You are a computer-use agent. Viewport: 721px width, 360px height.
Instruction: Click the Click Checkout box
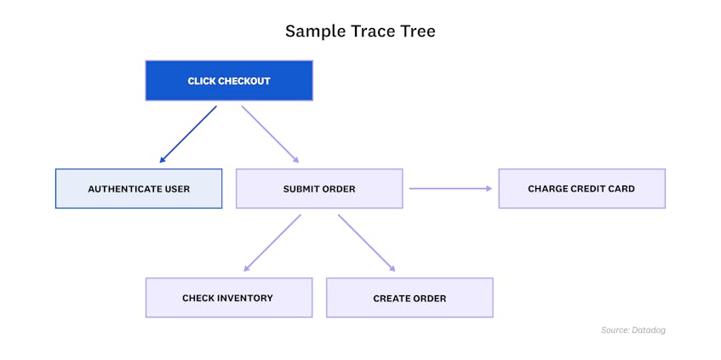(x=228, y=81)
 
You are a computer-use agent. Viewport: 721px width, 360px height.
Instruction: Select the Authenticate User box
(x=139, y=188)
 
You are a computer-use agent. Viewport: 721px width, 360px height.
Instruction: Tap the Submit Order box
(x=319, y=188)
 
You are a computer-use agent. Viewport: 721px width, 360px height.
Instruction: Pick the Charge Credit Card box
(x=581, y=188)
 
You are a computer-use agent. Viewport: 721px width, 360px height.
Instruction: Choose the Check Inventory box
(x=228, y=298)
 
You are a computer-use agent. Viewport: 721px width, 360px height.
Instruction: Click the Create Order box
(x=409, y=298)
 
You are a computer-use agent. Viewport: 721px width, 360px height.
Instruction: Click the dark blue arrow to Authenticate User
(x=188, y=134)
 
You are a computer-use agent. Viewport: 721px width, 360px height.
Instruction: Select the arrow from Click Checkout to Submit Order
(x=270, y=134)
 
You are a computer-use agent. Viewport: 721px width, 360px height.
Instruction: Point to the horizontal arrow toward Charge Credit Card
(x=450, y=188)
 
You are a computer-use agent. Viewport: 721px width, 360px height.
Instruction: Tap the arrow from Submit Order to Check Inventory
(x=272, y=243)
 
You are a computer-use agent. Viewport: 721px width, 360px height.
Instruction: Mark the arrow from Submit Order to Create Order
(x=367, y=243)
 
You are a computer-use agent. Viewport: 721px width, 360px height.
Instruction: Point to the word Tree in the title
(x=417, y=31)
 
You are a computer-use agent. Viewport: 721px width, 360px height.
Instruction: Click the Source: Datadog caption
(x=633, y=329)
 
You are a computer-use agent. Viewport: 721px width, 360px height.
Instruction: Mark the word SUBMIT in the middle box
(x=301, y=189)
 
